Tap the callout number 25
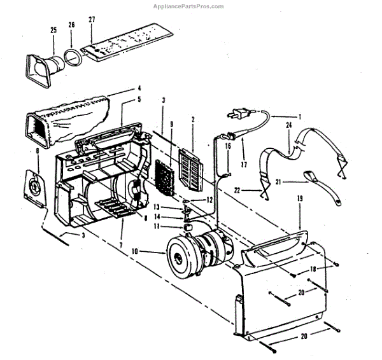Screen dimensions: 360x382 (x=53, y=30)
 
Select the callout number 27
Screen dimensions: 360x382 (x=92, y=20)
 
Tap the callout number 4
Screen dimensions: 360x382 (x=139, y=88)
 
